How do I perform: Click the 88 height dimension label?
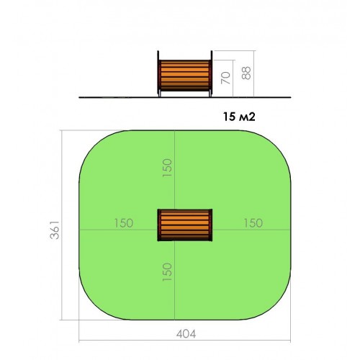point(246,73)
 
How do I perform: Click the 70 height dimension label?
point(225,78)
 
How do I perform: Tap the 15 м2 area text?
point(239,117)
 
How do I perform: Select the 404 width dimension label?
point(186,334)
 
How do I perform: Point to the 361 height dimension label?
point(55,230)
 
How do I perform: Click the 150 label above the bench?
point(167,168)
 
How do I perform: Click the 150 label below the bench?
point(167,272)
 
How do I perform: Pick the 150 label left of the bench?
point(124,223)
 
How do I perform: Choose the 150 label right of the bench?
point(253,223)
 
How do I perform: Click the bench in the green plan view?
point(185,225)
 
